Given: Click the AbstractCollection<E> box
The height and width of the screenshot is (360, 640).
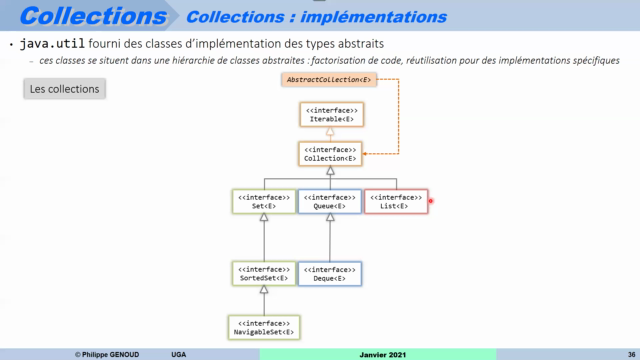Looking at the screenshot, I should (329, 79).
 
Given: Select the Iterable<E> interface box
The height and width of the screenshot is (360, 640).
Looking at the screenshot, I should (332, 114).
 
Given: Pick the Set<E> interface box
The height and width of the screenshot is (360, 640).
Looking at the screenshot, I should (263, 201).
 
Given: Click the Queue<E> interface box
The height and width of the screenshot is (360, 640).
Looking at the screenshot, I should (330, 201).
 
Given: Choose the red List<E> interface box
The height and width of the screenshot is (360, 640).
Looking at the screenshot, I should (395, 201).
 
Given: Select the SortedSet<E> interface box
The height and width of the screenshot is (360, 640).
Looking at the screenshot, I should (263, 273).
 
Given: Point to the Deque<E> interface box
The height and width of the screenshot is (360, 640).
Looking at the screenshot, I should (330, 273).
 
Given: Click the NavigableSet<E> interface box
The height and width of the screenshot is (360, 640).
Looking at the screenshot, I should (263, 326).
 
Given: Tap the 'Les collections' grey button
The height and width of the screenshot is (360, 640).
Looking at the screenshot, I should (64, 89).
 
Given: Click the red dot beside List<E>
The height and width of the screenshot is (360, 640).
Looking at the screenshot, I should (430, 201).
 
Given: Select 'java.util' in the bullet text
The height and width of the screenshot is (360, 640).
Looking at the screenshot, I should (51, 46).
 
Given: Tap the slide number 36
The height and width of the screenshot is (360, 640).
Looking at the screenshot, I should (618, 354).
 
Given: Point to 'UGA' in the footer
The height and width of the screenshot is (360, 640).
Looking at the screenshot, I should (178, 354).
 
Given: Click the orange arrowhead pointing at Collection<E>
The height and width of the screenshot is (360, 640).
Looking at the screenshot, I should (367, 154).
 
